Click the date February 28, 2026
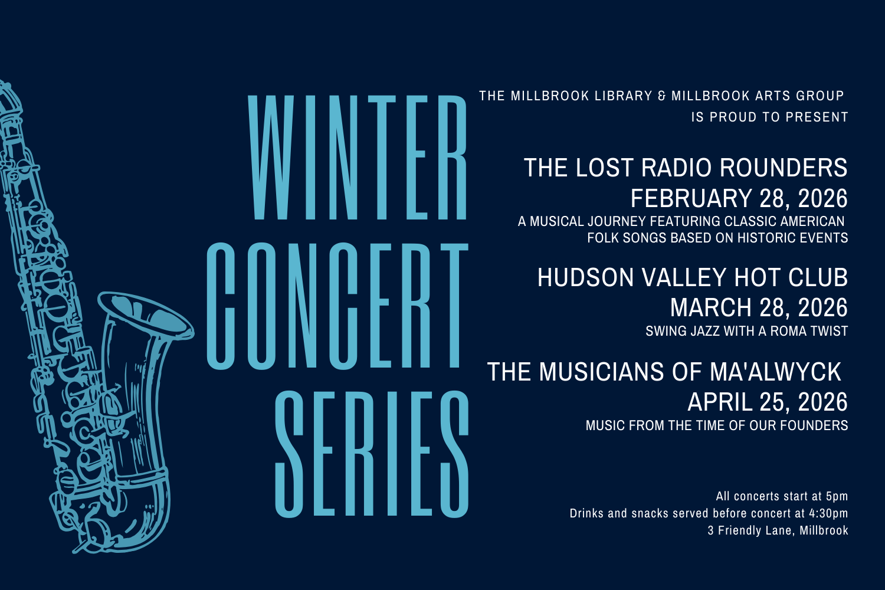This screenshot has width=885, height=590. [x=739, y=199]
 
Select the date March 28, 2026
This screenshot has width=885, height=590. [x=759, y=308]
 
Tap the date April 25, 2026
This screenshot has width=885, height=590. [x=767, y=402]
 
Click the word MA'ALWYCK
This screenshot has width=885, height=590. [x=775, y=372]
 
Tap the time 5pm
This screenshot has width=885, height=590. [x=837, y=496]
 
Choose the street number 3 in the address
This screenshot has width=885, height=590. [x=711, y=530]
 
